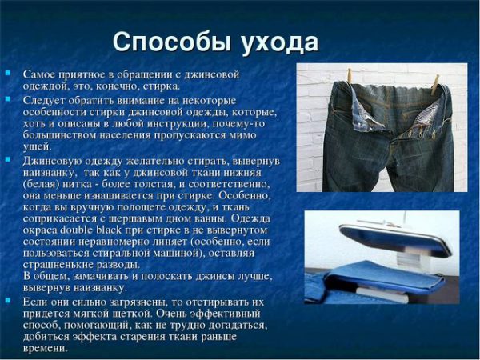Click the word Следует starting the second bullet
coord(44,101)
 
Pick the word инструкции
coord(176,124)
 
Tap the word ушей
coord(36,147)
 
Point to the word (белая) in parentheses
coord(41,184)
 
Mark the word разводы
coord(120,265)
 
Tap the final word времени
coord(44,348)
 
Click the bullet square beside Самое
coord(8,73)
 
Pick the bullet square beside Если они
coord(8,300)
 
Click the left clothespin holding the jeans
coord(350,76)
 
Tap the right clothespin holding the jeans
coord(435,85)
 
